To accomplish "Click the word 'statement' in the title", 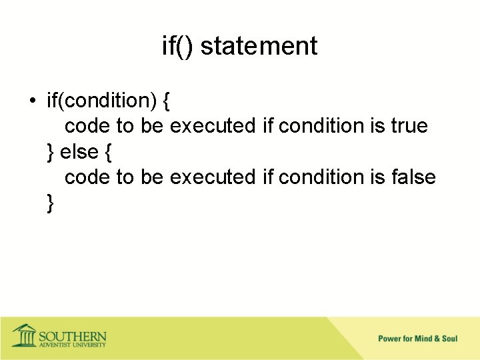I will [x=259, y=46].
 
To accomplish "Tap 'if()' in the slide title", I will [x=178, y=47].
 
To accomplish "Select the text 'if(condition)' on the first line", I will [x=101, y=101].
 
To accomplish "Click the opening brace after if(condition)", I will [x=166, y=101].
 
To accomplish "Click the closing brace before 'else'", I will [x=51, y=152].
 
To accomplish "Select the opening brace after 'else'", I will [x=108, y=152].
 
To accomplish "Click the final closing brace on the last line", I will [x=51, y=203].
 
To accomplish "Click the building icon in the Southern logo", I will [x=25, y=335].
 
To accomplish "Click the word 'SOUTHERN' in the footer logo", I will [x=72, y=335].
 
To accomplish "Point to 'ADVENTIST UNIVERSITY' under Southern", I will [x=72, y=345].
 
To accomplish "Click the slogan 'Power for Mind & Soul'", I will [x=417, y=339].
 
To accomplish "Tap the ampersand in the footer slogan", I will [x=436, y=339].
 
